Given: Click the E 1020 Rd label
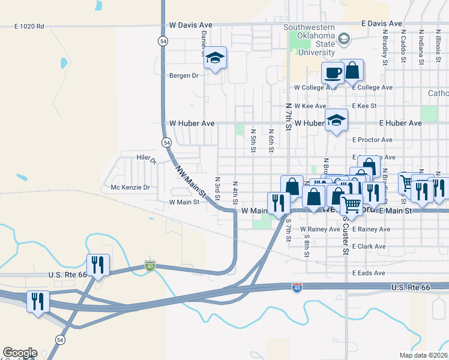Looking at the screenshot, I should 29,26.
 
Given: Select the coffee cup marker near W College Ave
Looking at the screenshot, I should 333,74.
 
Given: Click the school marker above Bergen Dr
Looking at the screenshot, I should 215,59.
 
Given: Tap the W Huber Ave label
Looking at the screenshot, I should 191,123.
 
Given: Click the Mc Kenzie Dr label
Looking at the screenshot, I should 130,187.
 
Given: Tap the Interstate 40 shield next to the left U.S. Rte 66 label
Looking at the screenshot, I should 149,266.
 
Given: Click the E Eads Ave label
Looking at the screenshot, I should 369,272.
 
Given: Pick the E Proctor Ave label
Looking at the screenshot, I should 372,140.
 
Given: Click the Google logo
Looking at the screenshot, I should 20,353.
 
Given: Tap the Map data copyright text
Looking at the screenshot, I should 423,355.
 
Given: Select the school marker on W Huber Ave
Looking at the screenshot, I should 336,120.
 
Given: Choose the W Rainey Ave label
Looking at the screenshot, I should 320,229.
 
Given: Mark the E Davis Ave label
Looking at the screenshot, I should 382,23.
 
